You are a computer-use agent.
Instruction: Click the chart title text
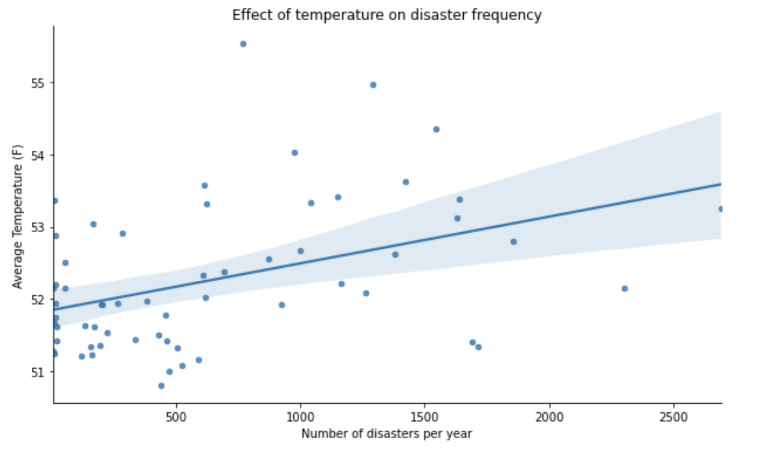pyautogui.click(x=387, y=15)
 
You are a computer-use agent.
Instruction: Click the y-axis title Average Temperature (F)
pyautogui.click(x=18, y=216)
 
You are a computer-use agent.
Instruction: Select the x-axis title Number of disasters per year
pyautogui.click(x=386, y=434)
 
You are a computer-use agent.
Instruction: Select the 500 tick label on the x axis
pyautogui.click(x=176, y=416)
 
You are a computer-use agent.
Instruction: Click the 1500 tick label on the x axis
pyautogui.click(x=425, y=416)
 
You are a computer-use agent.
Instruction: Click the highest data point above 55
pyautogui.click(x=243, y=44)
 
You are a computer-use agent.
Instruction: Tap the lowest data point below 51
pyautogui.click(x=161, y=386)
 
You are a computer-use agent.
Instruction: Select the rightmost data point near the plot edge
pyautogui.click(x=721, y=209)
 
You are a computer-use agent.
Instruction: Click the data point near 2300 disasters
pyautogui.click(x=625, y=289)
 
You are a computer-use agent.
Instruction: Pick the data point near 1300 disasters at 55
pyautogui.click(x=373, y=85)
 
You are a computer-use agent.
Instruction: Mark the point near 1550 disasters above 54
pyautogui.click(x=436, y=129)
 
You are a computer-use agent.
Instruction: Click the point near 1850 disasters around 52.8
pyautogui.click(x=514, y=242)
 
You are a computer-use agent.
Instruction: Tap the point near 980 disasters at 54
pyautogui.click(x=295, y=153)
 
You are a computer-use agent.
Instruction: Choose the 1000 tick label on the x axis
pyautogui.click(x=300, y=416)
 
